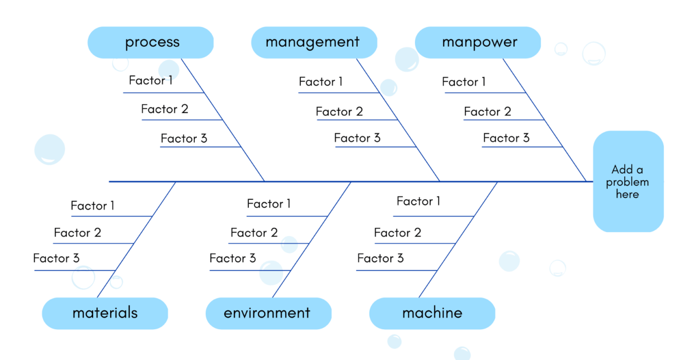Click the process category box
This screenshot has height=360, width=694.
[151, 43]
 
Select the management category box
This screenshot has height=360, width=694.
[313, 43]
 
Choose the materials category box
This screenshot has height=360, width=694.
[105, 313]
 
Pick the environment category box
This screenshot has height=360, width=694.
[268, 313]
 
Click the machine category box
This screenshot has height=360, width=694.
[432, 313]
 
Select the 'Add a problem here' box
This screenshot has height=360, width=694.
[628, 181]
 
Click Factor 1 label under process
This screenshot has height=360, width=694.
[151, 80]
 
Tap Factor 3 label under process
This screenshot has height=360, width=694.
[183, 138]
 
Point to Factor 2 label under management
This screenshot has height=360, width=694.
[339, 112]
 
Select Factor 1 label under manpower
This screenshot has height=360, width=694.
[463, 82]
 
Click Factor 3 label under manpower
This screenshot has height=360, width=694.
[506, 138]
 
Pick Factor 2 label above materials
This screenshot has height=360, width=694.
[77, 233]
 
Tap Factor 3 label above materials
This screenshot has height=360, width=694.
[56, 258]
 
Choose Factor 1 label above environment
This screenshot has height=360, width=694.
[269, 204]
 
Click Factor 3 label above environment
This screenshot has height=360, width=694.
[232, 258]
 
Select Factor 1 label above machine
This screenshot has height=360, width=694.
[418, 201]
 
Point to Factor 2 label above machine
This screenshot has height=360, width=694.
[398, 233]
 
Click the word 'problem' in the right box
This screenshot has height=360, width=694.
[627, 182]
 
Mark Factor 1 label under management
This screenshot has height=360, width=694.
[321, 82]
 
